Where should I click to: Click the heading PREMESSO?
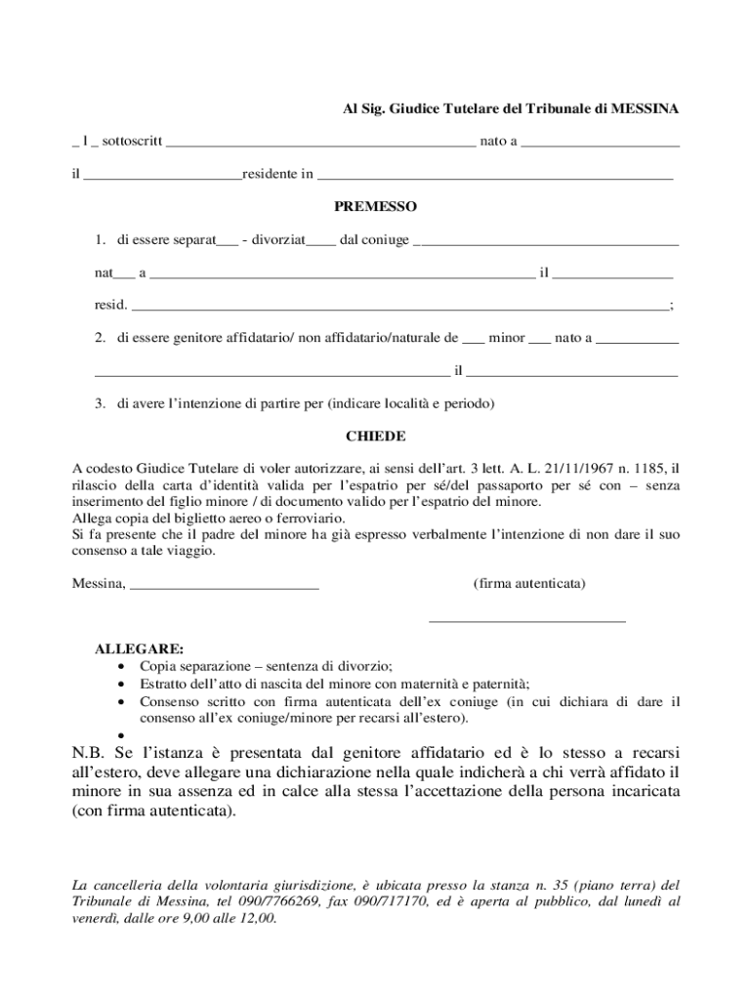click(375, 207)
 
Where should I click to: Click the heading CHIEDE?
click(375, 436)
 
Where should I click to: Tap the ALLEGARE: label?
click(138, 648)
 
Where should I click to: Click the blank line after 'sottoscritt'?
click(320, 144)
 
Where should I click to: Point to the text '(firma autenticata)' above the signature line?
click(528, 584)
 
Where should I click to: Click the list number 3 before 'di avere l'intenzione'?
click(100, 403)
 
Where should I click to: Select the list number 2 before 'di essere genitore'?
click(100, 338)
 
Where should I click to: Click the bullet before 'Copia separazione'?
click(120, 667)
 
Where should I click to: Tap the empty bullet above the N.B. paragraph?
click(120, 736)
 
